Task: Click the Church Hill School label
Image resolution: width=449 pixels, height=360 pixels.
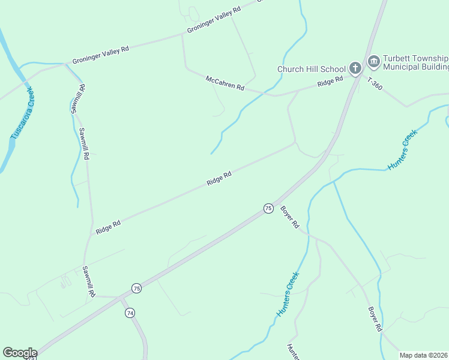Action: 311,69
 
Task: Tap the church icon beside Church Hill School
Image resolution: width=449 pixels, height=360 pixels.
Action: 355,68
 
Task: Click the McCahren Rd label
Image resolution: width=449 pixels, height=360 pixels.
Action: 224,83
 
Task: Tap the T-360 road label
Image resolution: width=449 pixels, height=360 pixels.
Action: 375,83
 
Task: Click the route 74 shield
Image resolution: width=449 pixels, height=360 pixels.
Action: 130,313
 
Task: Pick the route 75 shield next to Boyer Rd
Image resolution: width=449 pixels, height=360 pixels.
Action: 268,208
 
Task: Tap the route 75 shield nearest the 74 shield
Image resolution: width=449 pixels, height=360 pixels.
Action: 137,288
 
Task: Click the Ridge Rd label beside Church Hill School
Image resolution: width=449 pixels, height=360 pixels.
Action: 330,80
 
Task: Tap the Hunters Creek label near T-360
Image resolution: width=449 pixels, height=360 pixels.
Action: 402,150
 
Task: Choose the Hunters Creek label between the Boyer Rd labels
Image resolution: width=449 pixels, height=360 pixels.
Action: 288,295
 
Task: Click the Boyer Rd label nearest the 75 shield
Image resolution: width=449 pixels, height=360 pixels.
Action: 289,217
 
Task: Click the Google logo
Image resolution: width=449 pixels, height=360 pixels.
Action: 20,353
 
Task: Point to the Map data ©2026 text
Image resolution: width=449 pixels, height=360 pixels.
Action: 423,355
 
